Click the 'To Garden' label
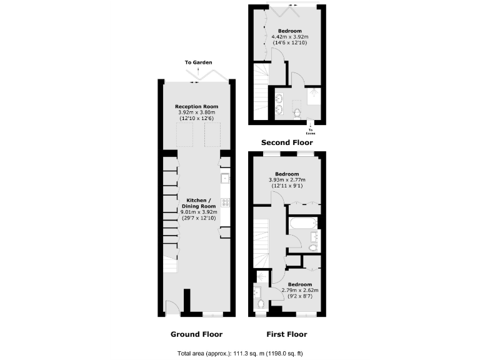tap(198, 62)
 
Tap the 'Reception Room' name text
tap(197, 107)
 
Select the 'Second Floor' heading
tap(287, 142)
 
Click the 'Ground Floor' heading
tap(197, 334)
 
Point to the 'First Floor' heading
tap(287, 334)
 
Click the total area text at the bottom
tap(240, 352)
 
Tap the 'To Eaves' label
tap(311, 131)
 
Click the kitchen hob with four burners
tap(225, 202)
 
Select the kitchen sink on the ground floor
tap(225, 179)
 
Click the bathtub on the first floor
tap(303, 223)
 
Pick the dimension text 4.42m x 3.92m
tap(289, 37)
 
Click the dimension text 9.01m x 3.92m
tap(197, 212)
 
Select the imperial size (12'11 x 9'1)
tap(289, 186)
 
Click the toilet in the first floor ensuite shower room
tap(261, 304)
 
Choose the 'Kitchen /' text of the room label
tap(197, 200)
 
